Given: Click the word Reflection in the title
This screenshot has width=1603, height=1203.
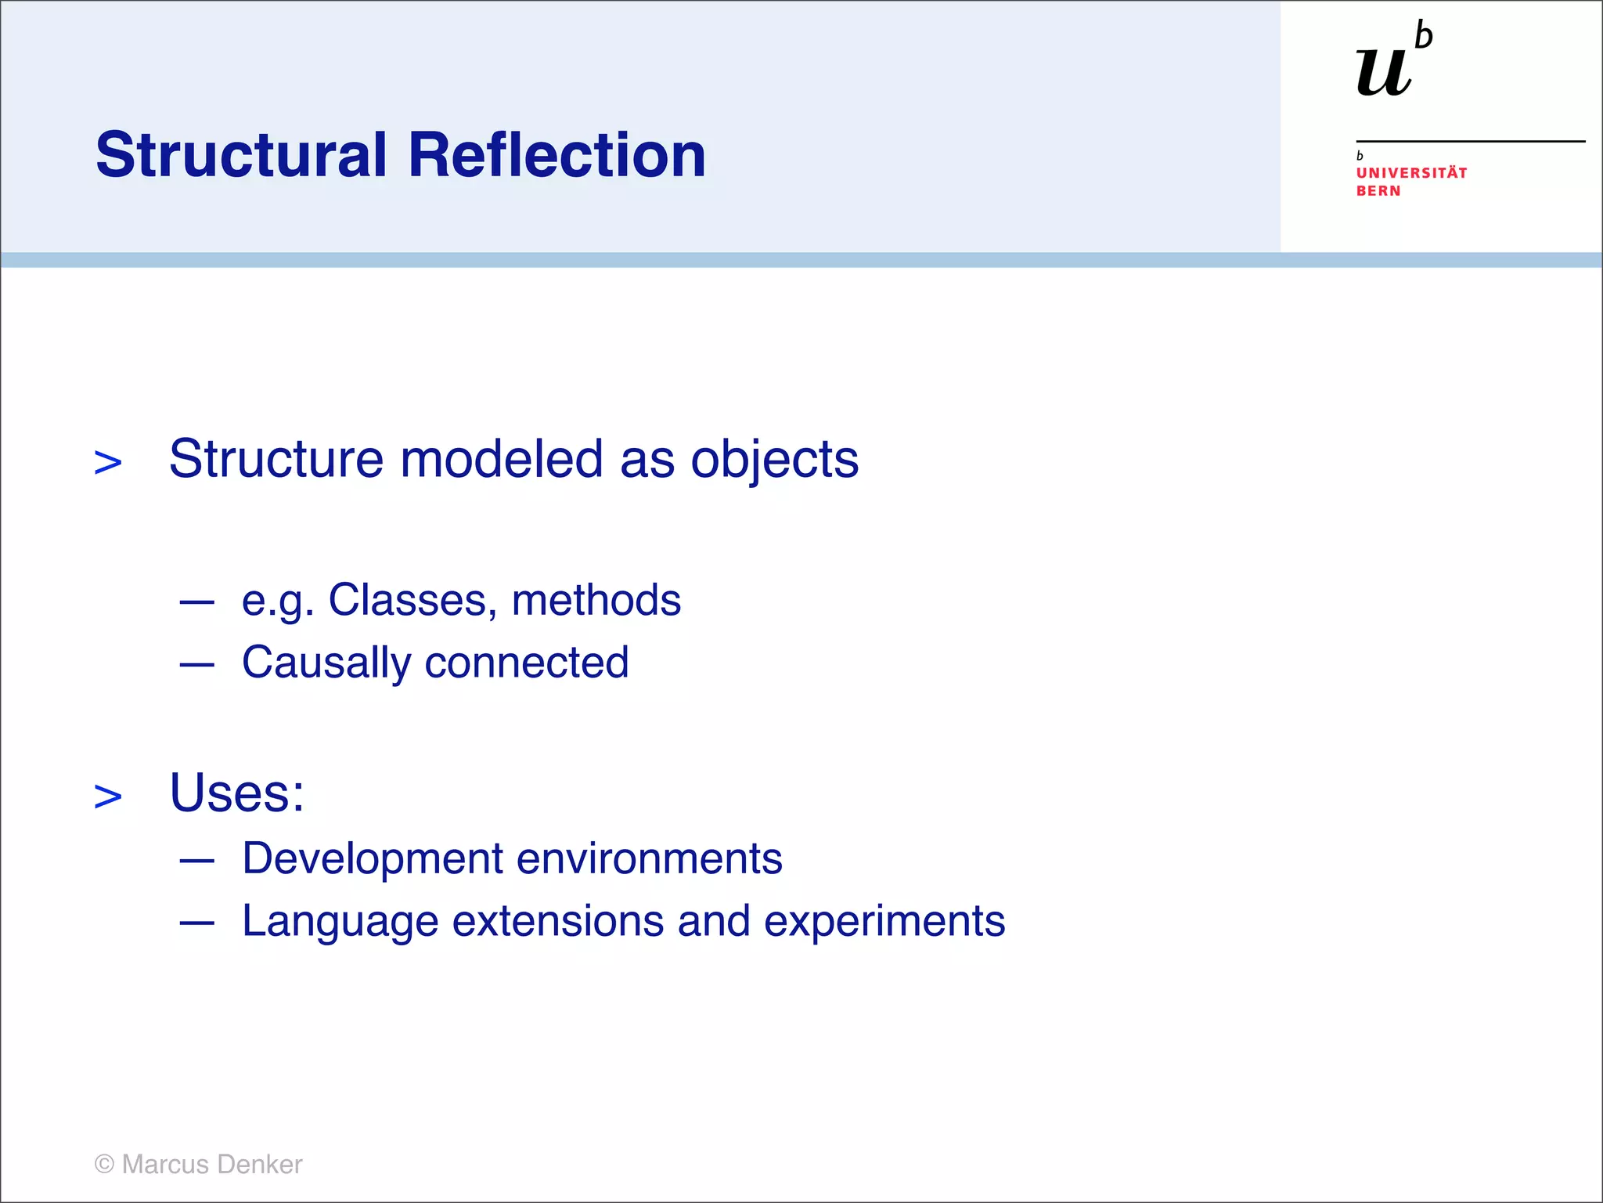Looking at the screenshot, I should click(557, 155).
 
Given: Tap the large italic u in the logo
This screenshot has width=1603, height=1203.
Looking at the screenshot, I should click(1383, 72).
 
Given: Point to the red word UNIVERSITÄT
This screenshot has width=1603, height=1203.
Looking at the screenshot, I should click(1411, 173).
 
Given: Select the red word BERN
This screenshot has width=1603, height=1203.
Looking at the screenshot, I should click(1378, 191).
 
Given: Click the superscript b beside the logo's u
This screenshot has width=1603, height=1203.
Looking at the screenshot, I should click(1424, 37).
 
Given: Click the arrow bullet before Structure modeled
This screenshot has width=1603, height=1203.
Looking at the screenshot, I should click(108, 463).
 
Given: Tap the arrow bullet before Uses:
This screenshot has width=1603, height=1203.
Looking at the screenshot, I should click(108, 797).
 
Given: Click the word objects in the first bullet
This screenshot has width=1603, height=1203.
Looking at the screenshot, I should click(774, 460).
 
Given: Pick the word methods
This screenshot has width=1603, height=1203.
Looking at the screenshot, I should click(596, 601).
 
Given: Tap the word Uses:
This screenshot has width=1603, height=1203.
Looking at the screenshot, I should click(236, 793).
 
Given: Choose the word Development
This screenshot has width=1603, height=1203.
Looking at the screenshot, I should click(373, 858).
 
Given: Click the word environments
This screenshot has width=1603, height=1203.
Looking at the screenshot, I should click(649, 858).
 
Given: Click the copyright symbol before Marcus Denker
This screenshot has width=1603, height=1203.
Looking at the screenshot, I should click(104, 1165).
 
